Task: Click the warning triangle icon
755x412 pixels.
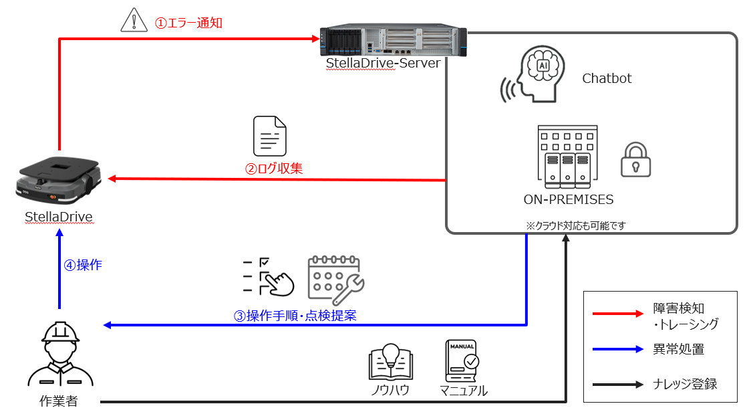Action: click(134, 21)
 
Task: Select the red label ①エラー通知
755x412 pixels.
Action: click(188, 23)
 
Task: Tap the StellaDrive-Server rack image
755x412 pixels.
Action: click(392, 41)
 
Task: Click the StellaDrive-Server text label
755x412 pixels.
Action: click(383, 64)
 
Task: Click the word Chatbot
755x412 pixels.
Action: click(607, 79)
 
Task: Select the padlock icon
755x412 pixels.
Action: click(635, 159)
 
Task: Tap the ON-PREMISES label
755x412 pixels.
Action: click(569, 199)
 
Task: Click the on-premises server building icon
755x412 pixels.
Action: click(568, 154)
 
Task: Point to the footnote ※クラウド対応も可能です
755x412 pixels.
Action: click(575, 225)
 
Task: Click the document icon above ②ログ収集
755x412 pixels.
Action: click(269, 136)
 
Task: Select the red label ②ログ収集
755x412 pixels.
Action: click(274, 169)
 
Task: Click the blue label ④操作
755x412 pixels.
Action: click(83, 265)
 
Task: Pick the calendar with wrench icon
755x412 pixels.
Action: click(335, 278)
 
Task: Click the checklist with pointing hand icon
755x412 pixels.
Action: click(267, 276)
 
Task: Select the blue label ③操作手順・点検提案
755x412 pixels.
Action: click(295, 316)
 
